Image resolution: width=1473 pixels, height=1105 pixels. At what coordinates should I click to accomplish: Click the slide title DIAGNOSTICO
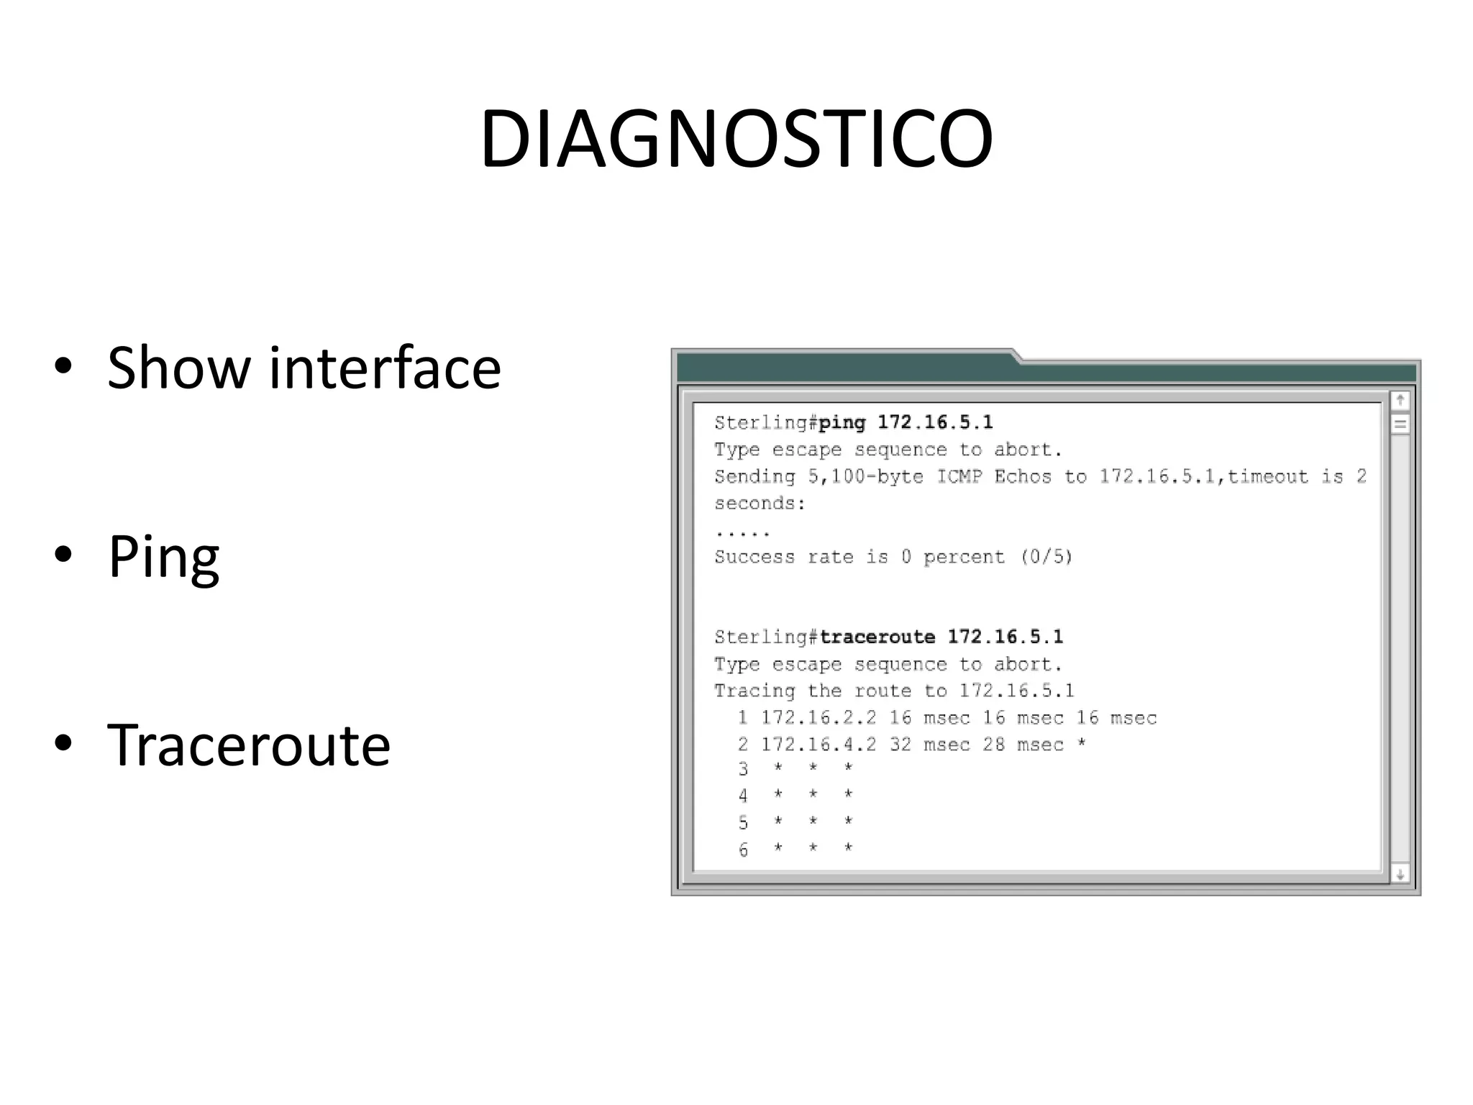[x=736, y=139]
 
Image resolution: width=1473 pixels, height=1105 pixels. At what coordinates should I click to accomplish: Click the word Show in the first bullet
[x=177, y=368]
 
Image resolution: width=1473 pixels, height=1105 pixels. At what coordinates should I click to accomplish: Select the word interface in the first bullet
[x=384, y=368]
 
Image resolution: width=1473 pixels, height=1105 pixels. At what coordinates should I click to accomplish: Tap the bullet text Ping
[x=163, y=557]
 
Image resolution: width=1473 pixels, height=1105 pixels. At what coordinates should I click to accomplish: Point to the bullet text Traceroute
[x=249, y=745]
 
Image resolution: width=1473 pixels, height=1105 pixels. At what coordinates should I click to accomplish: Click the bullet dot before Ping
[x=63, y=555]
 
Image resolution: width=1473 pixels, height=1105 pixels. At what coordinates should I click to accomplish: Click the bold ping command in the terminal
[x=842, y=422]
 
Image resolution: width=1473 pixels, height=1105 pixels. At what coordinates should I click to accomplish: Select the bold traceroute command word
[x=877, y=637]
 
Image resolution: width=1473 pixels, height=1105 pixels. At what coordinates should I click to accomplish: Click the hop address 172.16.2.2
[x=818, y=718]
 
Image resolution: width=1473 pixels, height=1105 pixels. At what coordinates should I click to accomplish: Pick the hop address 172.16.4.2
[x=818, y=745]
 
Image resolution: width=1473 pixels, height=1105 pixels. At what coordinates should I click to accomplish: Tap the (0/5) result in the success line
[x=1046, y=557]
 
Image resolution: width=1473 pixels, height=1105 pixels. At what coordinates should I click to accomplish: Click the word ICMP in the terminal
[x=959, y=476]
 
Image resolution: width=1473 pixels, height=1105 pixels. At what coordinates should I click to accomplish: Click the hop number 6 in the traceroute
[x=743, y=850]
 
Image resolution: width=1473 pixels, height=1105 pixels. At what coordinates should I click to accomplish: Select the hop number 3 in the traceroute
[x=743, y=769]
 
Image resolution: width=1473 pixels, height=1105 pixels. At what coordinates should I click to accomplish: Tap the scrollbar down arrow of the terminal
[x=1400, y=875]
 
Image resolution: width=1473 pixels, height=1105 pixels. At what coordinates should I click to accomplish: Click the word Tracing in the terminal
[x=754, y=691]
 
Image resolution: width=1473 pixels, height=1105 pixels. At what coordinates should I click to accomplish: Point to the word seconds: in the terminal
[x=760, y=504]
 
